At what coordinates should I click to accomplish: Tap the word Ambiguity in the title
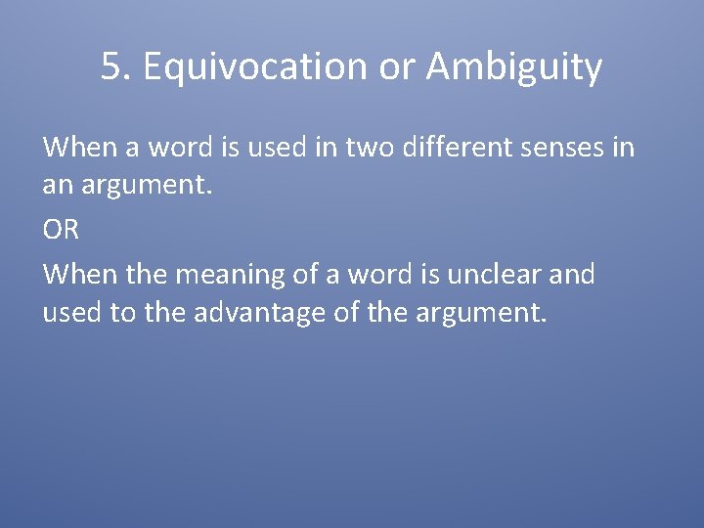point(514,67)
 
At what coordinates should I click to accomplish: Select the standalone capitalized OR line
point(61,230)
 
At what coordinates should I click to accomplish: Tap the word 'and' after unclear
point(572,274)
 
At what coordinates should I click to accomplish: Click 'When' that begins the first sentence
point(79,149)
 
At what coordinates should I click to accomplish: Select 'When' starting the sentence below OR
point(79,274)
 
